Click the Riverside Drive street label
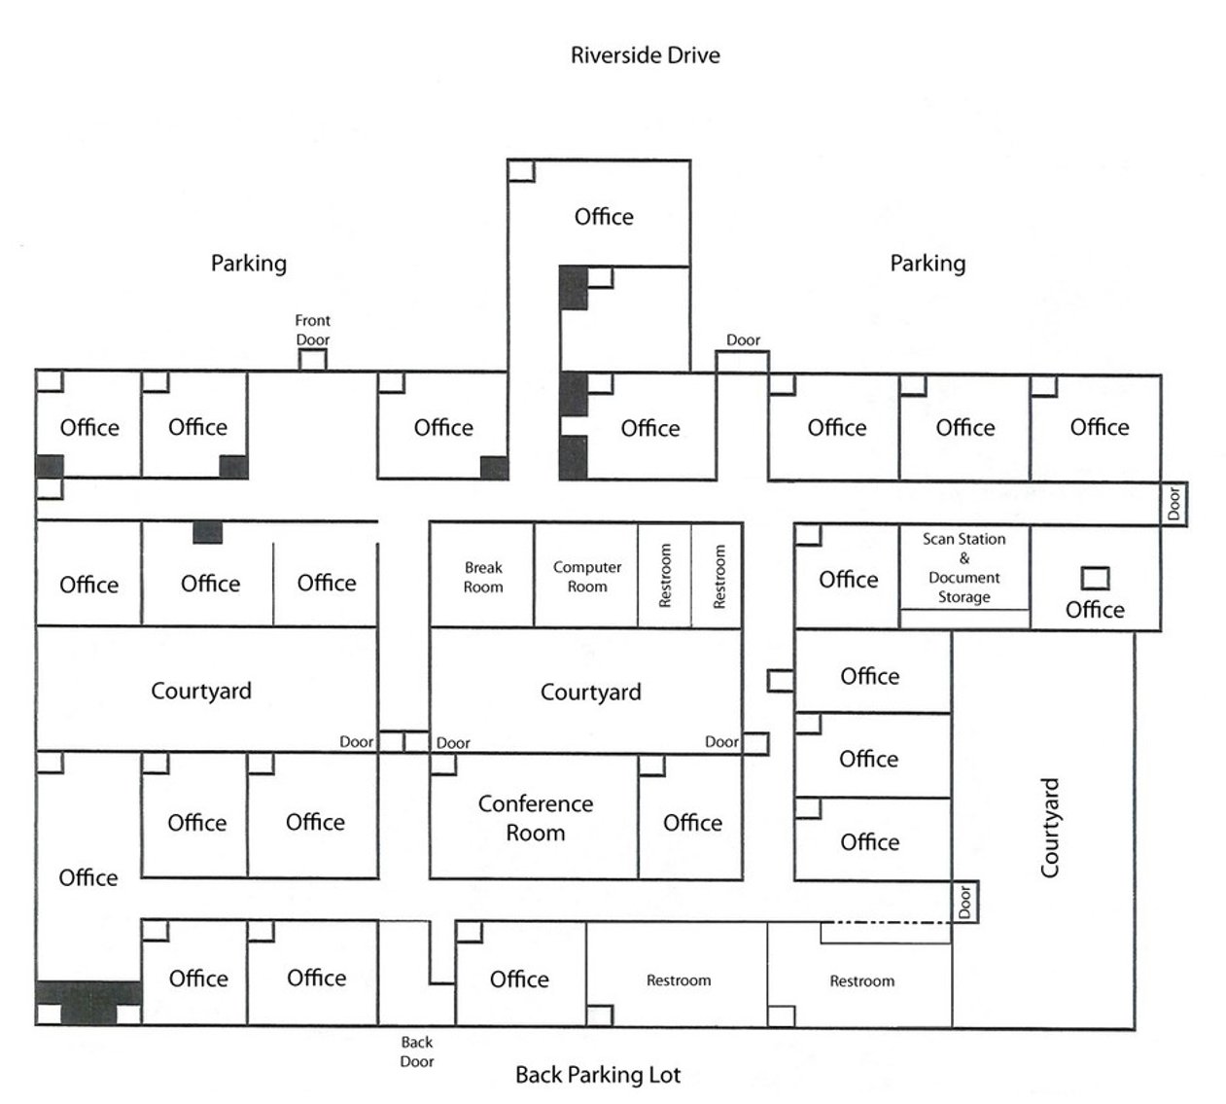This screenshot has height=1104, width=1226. [645, 54]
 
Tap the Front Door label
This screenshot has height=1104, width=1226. [312, 330]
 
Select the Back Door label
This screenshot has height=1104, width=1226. [416, 1051]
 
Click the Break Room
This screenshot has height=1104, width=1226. [482, 577]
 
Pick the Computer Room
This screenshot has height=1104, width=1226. [586, 577]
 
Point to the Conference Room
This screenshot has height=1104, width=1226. [535, 818]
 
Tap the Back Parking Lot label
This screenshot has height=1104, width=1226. [597, 1075]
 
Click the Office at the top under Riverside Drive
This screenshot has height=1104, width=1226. [603, 216]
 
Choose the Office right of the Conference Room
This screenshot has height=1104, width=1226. [692, 822]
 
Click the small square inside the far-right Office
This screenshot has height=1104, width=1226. [1095, 578]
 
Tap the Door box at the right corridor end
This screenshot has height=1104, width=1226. [1173, 504]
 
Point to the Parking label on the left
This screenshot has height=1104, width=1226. [249, 263]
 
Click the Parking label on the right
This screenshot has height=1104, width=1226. [928, 263]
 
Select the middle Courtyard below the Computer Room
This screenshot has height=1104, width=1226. [590, 692]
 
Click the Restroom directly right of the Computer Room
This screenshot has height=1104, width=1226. [665, 576]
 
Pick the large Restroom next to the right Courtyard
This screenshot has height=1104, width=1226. [861, 980]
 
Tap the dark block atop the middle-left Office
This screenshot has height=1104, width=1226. [207, 532]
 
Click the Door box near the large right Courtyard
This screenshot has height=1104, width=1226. [964, 902]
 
